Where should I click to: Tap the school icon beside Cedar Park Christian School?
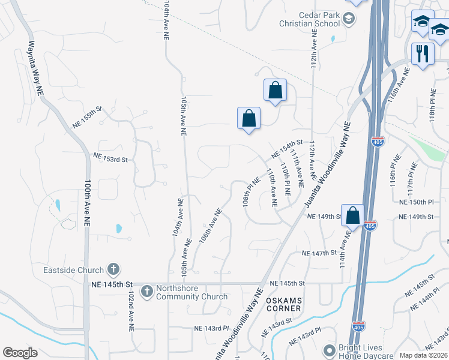point(348,19)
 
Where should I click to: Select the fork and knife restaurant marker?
point(423,53)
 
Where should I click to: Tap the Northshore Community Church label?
point(191,292)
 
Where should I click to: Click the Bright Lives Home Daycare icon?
point(328,350)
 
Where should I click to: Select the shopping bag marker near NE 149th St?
point(353,215)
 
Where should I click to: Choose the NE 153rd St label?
point(111,159)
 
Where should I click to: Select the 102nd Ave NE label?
point(130,312)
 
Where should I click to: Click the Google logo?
point(20,353)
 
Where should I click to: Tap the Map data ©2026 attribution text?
point(423,355)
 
